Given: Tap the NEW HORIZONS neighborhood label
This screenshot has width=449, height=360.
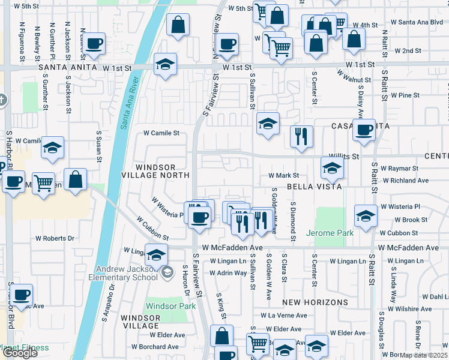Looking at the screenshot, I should [308, 302].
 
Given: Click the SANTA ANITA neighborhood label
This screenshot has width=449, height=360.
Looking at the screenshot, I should [67, 68].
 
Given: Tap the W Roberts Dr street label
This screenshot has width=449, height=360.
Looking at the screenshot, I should [54, 238].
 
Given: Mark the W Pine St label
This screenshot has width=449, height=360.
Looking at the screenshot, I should [405, 95].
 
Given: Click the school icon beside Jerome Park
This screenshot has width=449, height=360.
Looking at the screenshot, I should [366, 217].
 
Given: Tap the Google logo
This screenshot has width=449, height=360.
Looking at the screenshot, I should [20, 353].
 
